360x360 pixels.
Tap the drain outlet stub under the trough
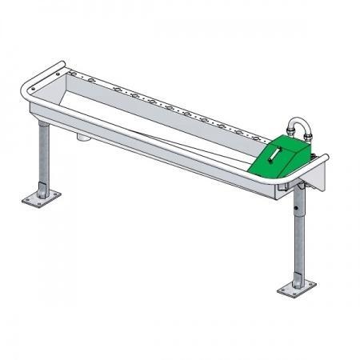click(82, 139)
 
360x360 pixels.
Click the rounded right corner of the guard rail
click(322, 160)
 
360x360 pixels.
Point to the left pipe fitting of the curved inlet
click(289, 133)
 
